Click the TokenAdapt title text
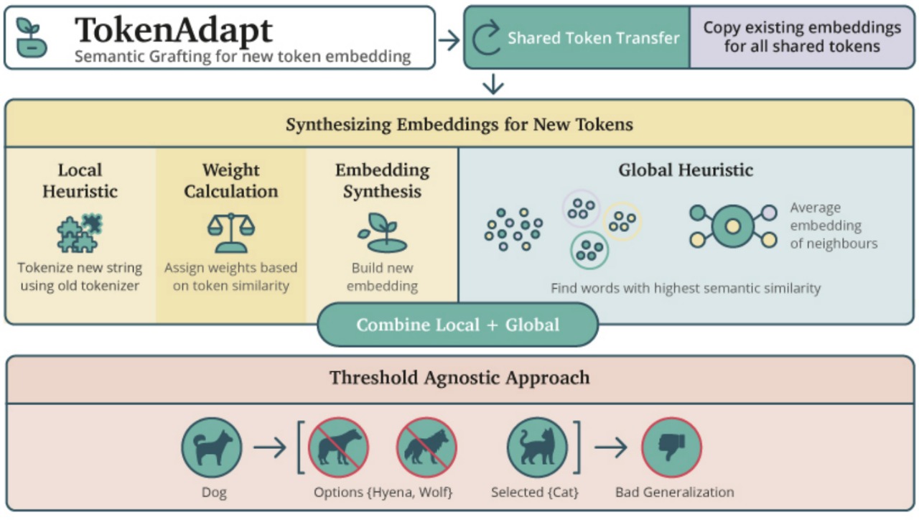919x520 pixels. pyautogui.click(x=174, y=29)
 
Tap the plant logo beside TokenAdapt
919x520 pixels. pyautogui.click(x=32, y=38)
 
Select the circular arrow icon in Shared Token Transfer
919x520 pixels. pyautogui.click(x=486, y=37)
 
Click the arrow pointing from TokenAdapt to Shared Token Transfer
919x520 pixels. pyautogui.click(x=449, y=40)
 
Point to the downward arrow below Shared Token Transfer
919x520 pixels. pyautogui.click(x=493, y=85)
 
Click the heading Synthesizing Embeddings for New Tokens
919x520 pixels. pyautogui.click(x=459, y=124)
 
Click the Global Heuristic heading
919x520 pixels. pyautogui.click(x=686, y=170)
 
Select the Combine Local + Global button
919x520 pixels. pyautogui.click(x=457, y=325)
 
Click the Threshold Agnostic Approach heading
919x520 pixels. pyautogui.click(x=459, y=377)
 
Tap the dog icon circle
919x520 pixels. pyautogui.click(x=212, y=447)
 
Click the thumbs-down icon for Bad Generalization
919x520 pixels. pyautogui.click(x=671, y=447)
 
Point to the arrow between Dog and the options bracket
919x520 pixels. pyautogui.click(x=270, y=448)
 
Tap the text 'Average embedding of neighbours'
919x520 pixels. pyautogui.click(x=834, y=226)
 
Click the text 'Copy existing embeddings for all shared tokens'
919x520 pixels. pyautogui.click(x=802, y=37)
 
